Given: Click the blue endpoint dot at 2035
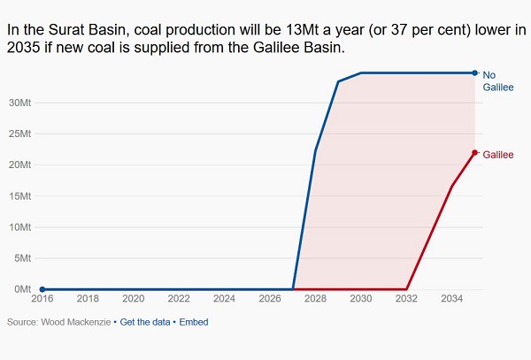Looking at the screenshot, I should click(x=475, y=73).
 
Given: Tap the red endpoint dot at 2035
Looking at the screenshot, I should click(x=475, y=152).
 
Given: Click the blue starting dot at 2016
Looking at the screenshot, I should click(x=42, y=289).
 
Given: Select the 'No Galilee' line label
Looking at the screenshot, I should click(x=497, y=81).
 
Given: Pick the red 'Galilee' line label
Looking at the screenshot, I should click(x=498, y=155).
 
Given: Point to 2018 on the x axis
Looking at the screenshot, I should click(x=88, y=301).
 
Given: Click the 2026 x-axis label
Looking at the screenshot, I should click(x=270, y=301).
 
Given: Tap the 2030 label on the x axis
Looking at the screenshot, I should click(x=360, y=301).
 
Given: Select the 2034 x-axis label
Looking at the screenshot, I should click(x=451, y=301).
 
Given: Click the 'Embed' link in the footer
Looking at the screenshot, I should click(x=194, y=322).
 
